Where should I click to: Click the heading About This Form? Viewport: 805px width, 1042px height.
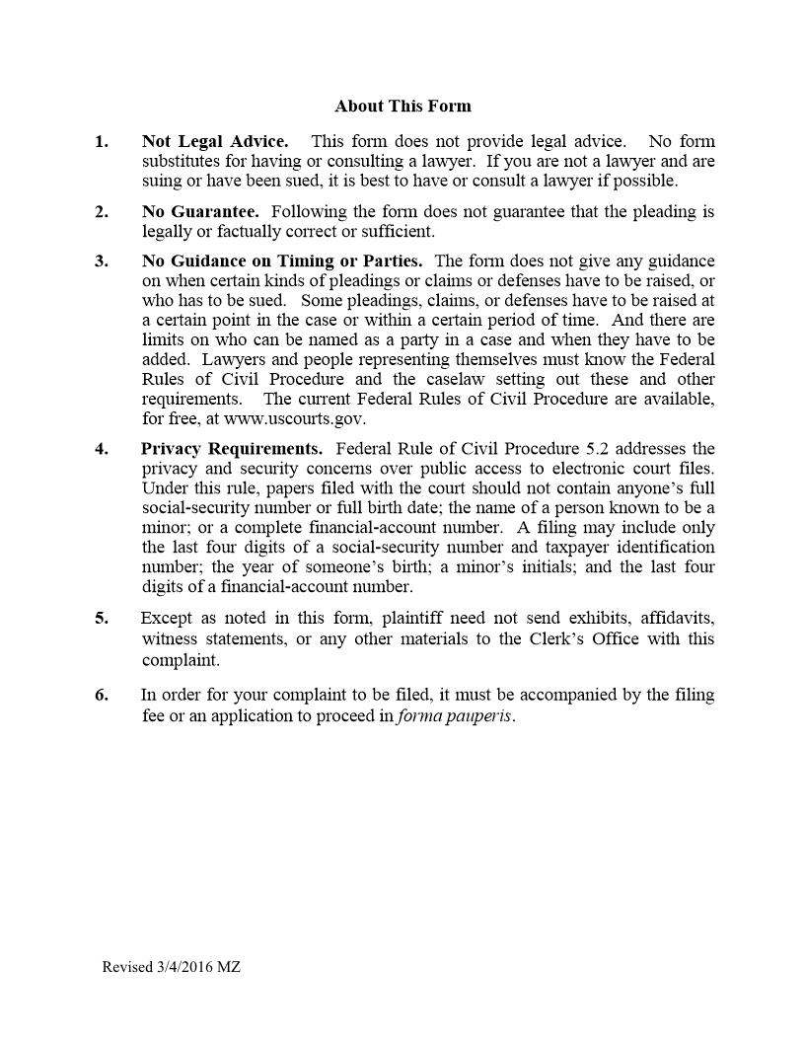402,107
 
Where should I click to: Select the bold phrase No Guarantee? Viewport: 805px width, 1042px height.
200,212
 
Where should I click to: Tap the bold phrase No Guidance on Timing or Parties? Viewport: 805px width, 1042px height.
282,261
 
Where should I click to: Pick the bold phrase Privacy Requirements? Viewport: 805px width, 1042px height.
232,449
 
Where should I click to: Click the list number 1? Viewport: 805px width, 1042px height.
102,142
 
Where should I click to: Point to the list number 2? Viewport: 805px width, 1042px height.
102,212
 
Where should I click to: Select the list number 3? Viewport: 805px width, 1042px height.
102,261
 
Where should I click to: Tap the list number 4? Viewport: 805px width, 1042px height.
102,449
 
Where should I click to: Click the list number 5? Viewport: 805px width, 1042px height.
102,619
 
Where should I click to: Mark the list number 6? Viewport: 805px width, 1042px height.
102,695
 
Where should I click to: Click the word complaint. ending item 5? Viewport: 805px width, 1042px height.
181,660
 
